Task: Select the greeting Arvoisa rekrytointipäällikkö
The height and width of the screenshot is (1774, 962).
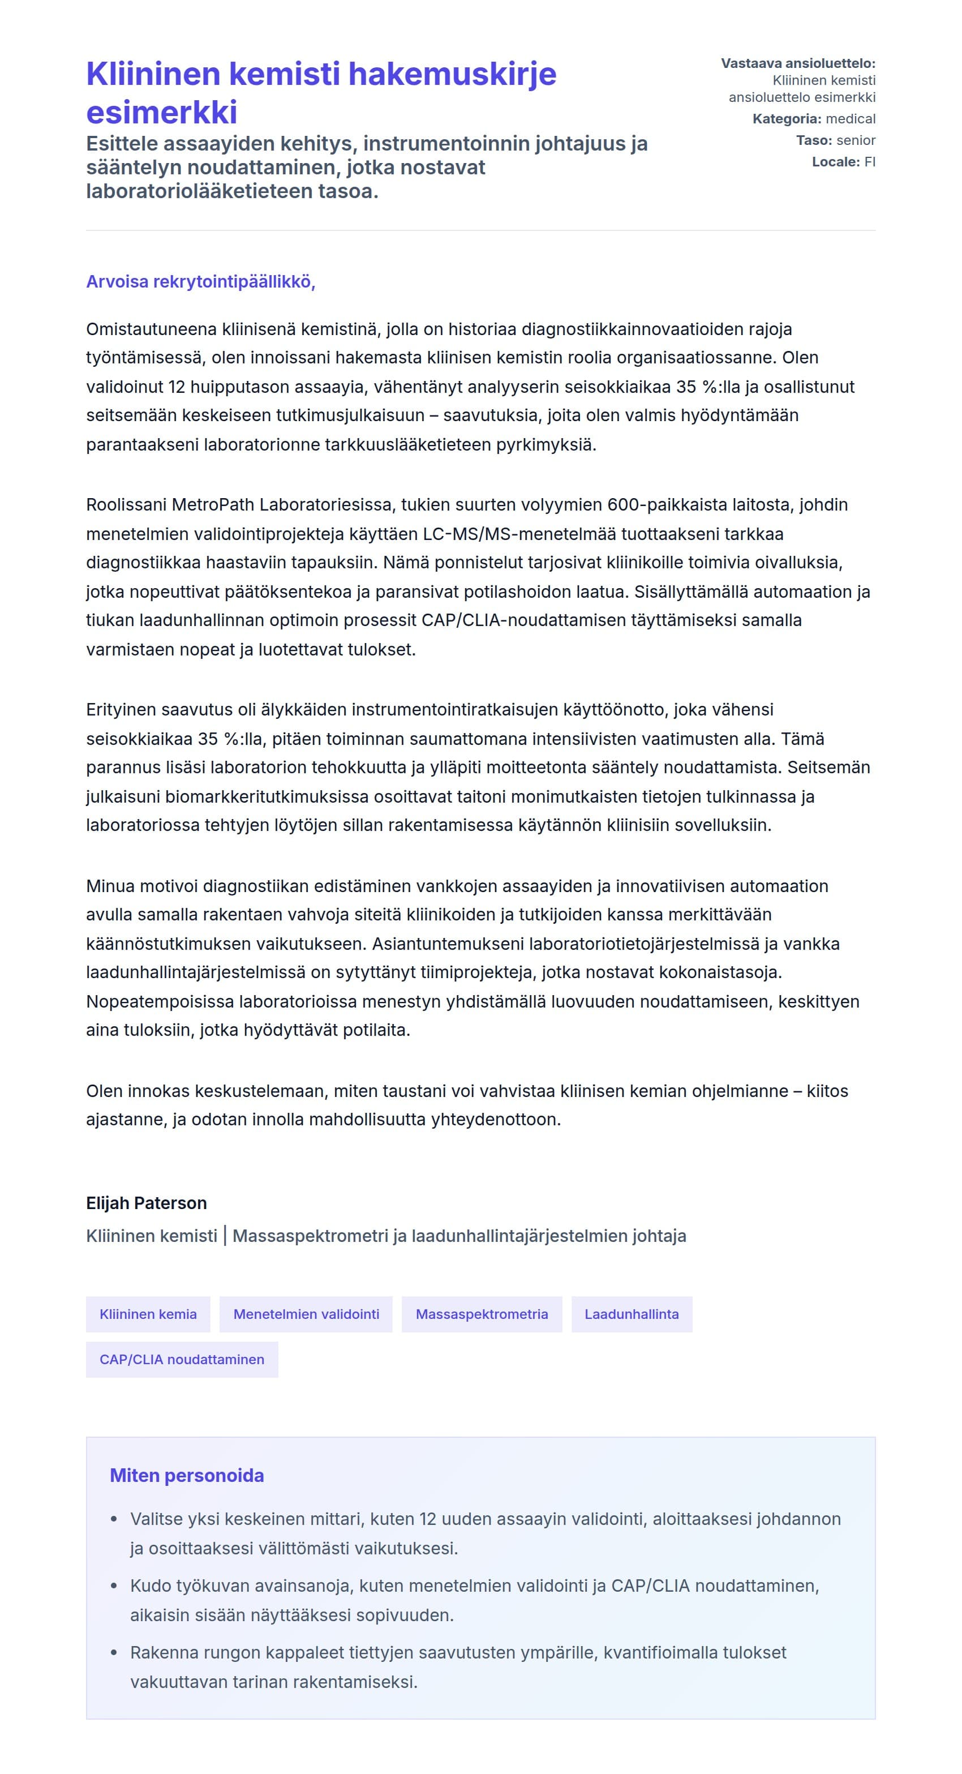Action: click(200, 282)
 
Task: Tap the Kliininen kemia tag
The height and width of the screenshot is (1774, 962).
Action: click(148, 1314)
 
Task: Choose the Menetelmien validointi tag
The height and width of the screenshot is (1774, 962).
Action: click(306, 1314)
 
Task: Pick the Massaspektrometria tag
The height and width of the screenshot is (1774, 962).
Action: click(482, 1314)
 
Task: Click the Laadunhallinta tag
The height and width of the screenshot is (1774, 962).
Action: click(632, 1314)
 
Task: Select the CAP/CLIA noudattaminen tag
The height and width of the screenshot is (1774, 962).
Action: click(182, 1360)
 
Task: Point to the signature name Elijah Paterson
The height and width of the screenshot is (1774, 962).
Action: click(146, 1203)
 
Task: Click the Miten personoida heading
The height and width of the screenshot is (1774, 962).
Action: click(187, 1476)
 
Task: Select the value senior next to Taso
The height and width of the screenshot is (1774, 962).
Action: click(856, 140)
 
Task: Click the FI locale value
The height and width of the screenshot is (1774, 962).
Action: click(870, 162)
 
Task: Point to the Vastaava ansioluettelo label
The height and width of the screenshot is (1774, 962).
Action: click(798, 63)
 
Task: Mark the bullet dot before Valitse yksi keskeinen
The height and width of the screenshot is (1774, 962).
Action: click(114, 1519)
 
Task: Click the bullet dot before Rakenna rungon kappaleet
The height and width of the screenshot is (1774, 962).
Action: click(114, 1653)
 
